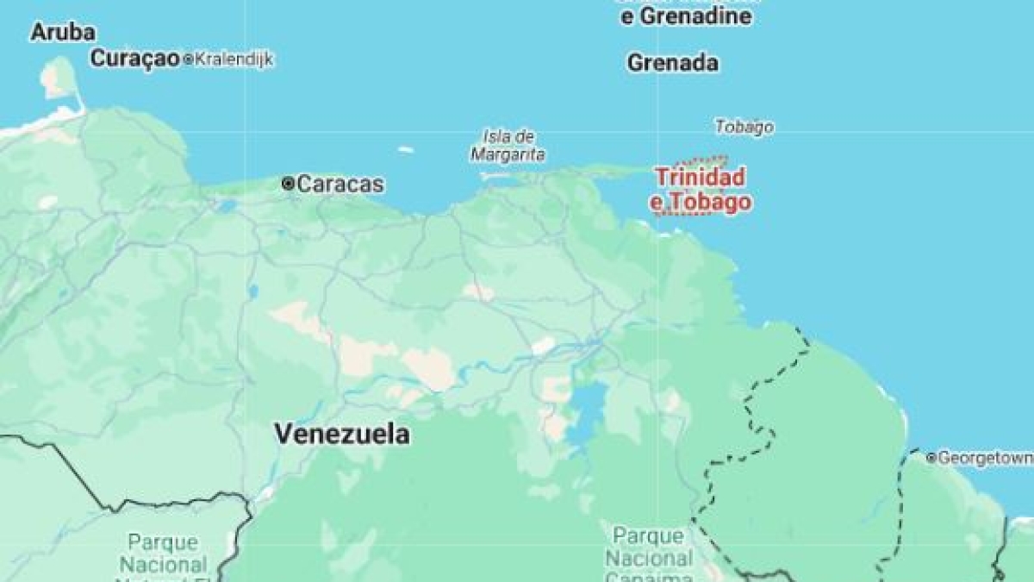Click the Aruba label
click(x=63, y=33)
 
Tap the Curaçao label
click(x=134, y=59)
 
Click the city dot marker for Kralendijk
click(x=187, y=59)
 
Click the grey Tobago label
click(x=744, y=127)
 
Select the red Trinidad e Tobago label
click(x=700, y=189)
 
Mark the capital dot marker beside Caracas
click(x=288, y=184)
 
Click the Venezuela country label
click(x=342, y=434)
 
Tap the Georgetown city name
click(x=985, y=458)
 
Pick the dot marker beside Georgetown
click(x=931, y=458)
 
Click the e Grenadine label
click(x=686, y=16)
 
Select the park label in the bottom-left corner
click(x=163, y=556)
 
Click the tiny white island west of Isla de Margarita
click(x=405, y=149)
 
